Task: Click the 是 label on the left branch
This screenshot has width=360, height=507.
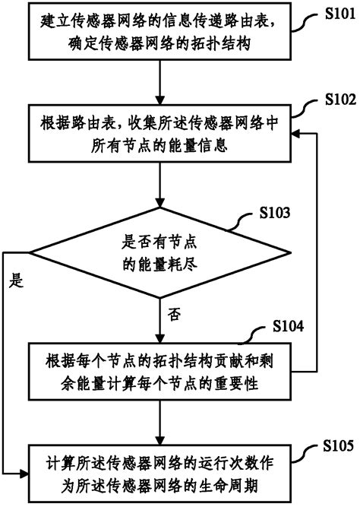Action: click(15, 280)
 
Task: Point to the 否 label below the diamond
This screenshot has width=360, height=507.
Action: click(175, 312)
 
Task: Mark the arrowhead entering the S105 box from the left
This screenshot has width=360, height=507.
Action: click(25, 471)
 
